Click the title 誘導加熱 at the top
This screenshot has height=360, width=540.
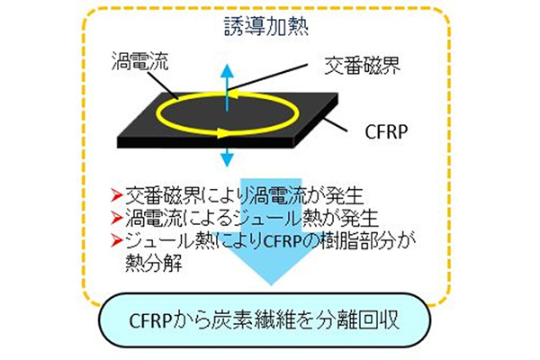[269, 26]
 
